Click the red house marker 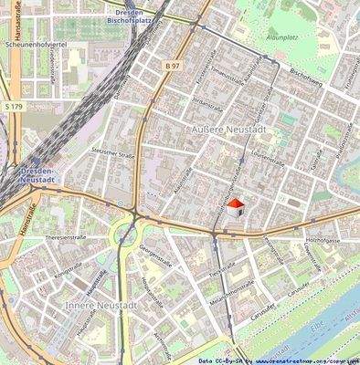(236, 208)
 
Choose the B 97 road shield (174, 67)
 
